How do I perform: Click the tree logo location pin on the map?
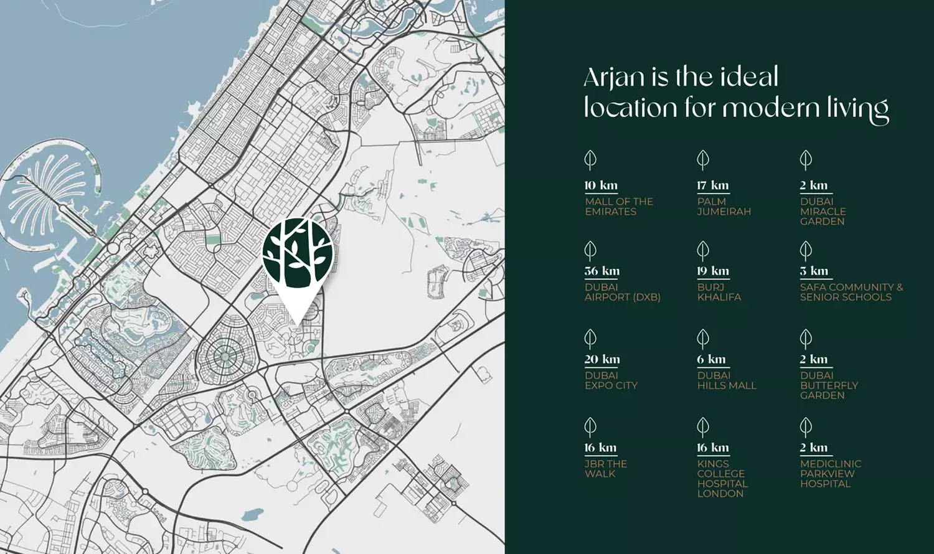pos(298,255)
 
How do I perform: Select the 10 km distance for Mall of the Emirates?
pos(600,185)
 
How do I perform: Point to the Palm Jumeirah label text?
pos(724,207)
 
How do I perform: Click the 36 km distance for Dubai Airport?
pos(601,271)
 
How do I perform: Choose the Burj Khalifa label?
pos(719,292)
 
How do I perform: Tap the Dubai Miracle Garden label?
pos(823,212)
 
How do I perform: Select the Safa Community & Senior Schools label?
pos(851,292)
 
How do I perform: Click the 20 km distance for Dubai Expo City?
pos(601,359)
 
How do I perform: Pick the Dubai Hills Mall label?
pos(726,380)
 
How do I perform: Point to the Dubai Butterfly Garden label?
pos(828,385)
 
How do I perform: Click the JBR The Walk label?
pos(605,469)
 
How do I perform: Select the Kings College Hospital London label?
pos(722,479)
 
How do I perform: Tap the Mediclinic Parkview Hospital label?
pos(830,474)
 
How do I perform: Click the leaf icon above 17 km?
pos(703,160)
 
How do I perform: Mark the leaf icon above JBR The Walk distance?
pos(590,427)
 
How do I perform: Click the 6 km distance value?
pos(711,359)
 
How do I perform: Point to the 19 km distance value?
pos(712,271)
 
